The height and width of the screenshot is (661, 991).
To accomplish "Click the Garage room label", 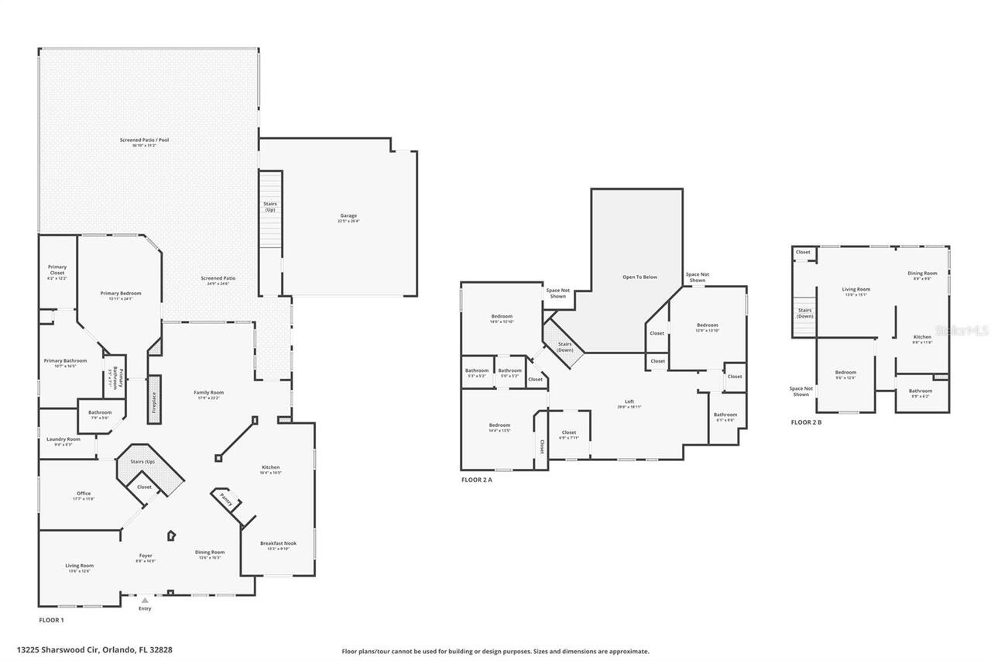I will point(348,215).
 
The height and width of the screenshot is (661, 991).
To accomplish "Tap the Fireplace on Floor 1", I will point(154,400).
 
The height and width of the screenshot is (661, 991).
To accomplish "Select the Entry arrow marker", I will point(145,600).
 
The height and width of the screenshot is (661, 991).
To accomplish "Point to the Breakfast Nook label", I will point(278,543).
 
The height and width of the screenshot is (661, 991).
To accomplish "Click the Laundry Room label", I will point(63,439).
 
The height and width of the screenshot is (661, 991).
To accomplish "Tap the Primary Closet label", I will point(57,270).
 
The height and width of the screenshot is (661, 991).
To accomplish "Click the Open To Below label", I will point(640,277).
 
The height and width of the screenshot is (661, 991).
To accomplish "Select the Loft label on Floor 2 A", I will point(629,401).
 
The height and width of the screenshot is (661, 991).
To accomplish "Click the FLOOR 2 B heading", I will point(806,422).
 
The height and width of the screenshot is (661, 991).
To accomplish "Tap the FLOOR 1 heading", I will point(52,620).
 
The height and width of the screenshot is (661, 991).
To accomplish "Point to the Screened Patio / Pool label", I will point(144,140).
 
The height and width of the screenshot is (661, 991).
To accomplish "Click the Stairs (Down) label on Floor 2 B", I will point(805,313).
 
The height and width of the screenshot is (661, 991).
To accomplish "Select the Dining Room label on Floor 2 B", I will point(922,273).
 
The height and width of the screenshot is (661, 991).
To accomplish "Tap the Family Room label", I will point(208,393).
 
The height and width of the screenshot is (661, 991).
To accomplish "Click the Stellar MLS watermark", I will point(960,330).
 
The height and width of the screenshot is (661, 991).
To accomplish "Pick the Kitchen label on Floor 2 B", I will point(922,337).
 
